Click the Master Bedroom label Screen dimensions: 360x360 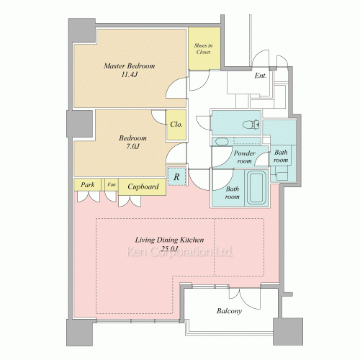tap(130, 66)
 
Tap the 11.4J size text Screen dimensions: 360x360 tap(129, 74)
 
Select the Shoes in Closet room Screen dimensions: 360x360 tap(204, 48)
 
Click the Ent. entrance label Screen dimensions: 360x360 tap(261, 76)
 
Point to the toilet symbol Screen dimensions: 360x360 tap(251, 125)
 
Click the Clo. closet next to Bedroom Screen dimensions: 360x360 tap(176, 125)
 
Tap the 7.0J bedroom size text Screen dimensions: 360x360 tap(132, 146)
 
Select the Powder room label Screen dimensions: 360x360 tap(244, 157)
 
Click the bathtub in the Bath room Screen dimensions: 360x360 tap(256, 188)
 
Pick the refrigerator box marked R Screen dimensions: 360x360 tap(177, 177)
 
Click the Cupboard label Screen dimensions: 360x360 tap(143, 186)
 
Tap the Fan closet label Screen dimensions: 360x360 tap(112, 184)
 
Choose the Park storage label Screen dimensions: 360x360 tap(87, 185)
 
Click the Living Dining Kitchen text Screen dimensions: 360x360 tap(169, 240)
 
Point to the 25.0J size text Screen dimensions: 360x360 tap(170, 249)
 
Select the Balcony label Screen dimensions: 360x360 tap(229, 311)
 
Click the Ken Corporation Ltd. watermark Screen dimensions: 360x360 tap(179, 252)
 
